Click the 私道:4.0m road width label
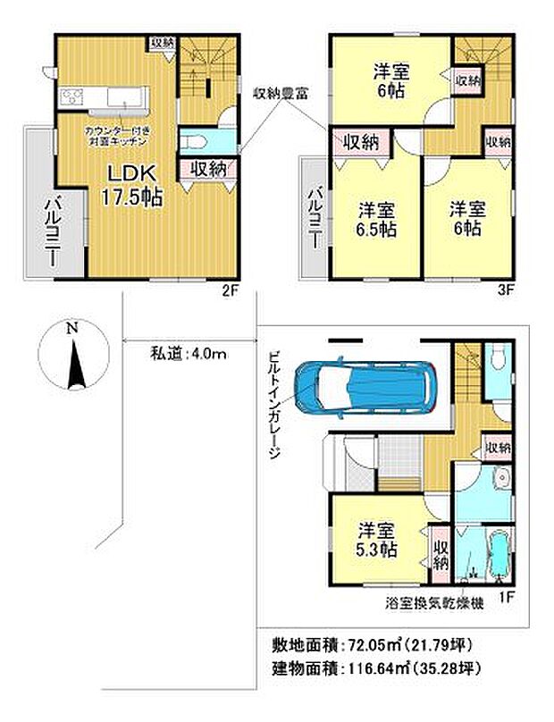pos(188,353)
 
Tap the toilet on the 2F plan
pos(197,140)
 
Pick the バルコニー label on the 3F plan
pos(315,214)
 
